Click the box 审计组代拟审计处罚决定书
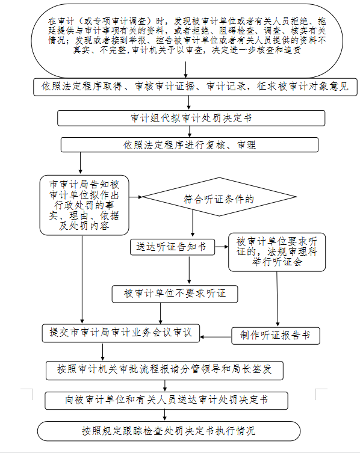click(191, 118)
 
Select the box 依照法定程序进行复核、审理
click(190, 145)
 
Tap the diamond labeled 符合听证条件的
click(219, 197)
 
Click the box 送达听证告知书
click(172, 247)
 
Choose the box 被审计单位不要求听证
click(175, 294)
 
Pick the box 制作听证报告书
click(276, 336)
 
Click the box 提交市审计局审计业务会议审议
click(121, 333)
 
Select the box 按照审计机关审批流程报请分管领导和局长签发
click(164, 370)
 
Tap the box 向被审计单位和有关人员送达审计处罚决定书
click(166, 401)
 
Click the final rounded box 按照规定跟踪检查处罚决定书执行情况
click(169, 431)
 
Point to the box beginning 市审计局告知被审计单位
click(84, 205)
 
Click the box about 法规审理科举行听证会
click(277, 252)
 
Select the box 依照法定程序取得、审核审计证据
click(195, 87)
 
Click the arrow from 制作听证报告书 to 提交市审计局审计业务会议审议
click(216, 337)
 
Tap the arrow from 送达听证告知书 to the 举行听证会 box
click(222, 247)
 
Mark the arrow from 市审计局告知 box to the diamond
click(135, 197)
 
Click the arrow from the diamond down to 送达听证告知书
click(193, 223)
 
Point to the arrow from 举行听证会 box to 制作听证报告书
click(278, 299)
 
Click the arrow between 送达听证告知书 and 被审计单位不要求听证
click(190, 270)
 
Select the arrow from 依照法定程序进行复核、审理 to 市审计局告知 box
click(81, 163)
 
